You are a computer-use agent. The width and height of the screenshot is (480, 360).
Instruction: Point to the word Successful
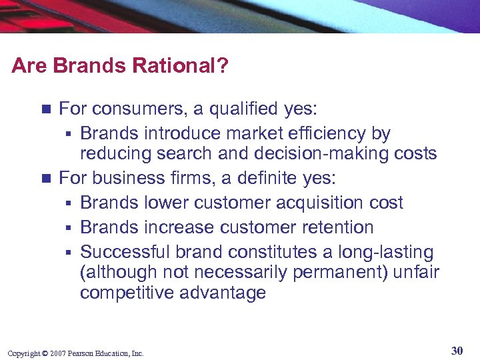pyautogui.click(x=125, y=252)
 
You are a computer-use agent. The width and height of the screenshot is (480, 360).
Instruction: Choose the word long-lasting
pyautogui.click(x=386, y=252)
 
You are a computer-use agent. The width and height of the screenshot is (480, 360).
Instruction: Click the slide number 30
pyautogui.click(x=457, y=351)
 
